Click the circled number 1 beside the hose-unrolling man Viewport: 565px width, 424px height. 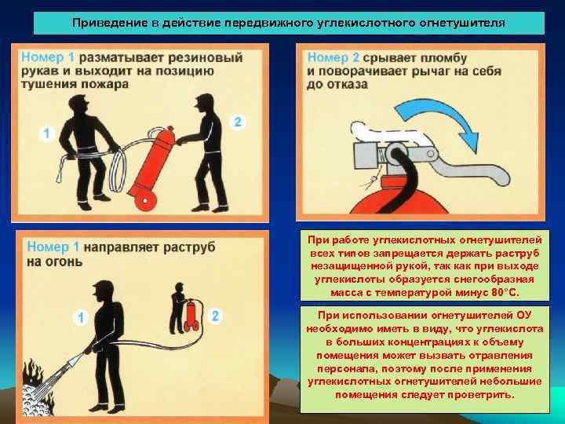pos(46,133)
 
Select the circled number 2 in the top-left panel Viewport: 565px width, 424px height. pos(239,122)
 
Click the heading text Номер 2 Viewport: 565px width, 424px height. pos(334,57)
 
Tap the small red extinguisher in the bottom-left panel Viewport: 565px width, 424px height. pos(189,313)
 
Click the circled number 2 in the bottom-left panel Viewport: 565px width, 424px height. pos(217,315)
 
